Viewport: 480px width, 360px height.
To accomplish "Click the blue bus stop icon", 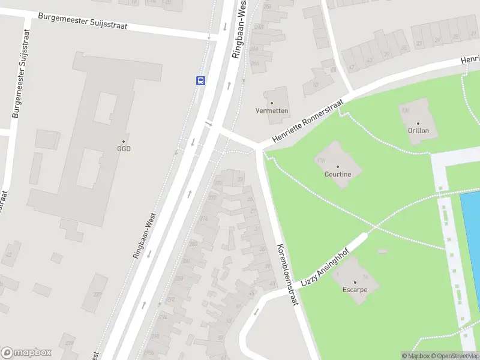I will [200, 80].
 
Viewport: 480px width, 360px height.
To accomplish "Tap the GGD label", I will [124, 149].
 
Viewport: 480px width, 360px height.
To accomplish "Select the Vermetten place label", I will [272, 111].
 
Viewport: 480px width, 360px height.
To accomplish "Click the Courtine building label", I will [337, 175].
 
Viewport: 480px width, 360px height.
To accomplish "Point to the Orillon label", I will [418, 131].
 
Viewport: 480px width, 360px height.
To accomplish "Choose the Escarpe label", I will [355, 289].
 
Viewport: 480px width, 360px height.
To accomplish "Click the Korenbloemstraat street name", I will [287, 275].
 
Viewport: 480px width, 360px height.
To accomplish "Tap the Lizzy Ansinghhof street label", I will [328, 259].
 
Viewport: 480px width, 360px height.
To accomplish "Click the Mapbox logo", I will [26, 353].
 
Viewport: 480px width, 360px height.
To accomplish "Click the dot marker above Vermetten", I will [272, 103].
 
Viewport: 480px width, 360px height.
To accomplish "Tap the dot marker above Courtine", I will [337, 166].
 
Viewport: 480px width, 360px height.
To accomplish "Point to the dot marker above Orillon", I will [418, 122].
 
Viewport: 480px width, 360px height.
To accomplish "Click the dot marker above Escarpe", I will [355, 281].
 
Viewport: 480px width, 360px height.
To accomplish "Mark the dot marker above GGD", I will [124, 140].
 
